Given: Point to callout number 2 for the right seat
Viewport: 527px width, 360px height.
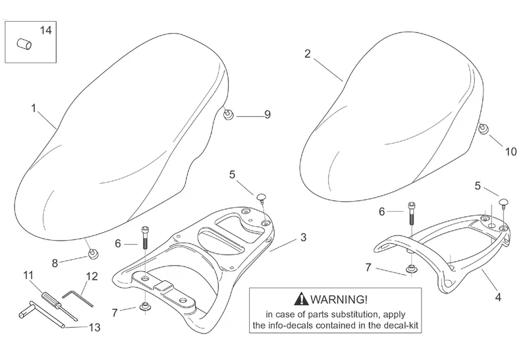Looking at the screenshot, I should pos(308,53).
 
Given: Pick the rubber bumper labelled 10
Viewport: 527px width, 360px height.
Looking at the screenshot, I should pos(483,129).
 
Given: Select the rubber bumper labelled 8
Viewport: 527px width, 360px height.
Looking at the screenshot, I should pos(92,253).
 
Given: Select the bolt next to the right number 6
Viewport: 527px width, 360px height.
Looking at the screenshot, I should pos(412,214).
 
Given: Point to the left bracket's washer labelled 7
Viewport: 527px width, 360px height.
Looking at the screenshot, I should pos(144,306).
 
